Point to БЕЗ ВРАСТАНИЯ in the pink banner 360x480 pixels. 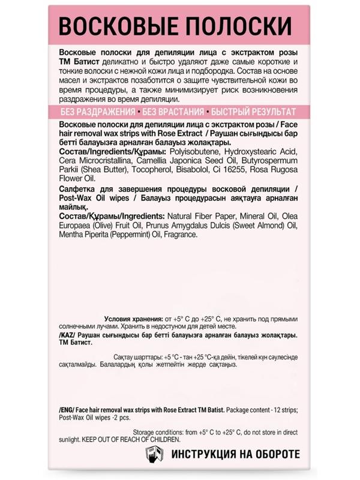click(172, 112)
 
